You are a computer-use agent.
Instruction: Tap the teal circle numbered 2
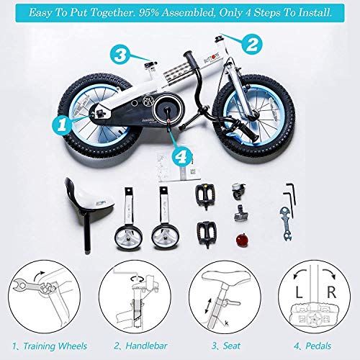251,45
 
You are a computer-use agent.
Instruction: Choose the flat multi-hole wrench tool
289,225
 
